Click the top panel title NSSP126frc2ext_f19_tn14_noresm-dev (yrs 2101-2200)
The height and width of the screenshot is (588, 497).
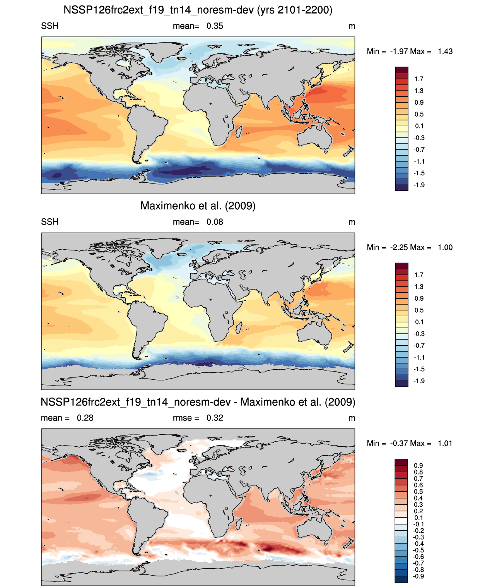point(198,10)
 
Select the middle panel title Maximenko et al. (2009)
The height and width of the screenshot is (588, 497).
point(198,206)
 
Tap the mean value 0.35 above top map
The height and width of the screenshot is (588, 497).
point(215,26)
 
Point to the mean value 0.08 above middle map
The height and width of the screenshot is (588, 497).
point(215,222)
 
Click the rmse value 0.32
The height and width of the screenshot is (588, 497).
point(215,418)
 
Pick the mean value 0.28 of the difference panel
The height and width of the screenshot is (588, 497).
point(85,418)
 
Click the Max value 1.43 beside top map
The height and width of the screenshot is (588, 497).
point(445,51)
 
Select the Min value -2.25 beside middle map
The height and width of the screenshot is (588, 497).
point(399,247)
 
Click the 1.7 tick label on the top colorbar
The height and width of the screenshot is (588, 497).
point(418,79)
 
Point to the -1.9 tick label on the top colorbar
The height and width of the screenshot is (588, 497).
point(419,185)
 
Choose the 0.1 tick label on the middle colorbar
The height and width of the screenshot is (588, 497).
point(419,322)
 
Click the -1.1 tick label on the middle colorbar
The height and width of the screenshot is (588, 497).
point(419,357)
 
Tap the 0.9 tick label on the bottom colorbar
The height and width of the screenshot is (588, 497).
point(418,465)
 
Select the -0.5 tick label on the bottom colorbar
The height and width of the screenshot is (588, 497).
point(418,550)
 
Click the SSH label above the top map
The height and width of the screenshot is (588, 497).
point(50,26)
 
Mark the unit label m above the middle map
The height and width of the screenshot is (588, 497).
point(352,222)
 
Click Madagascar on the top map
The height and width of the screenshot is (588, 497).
point(239,132)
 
